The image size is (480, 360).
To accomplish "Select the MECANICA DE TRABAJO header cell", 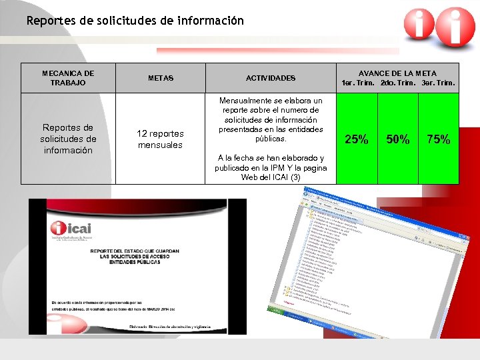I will (x=68, y=78).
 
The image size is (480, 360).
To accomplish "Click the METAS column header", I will (x=161, y=78).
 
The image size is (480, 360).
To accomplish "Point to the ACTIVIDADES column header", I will (x=271, y=78).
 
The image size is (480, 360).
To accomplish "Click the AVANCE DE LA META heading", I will (x=397, y=73).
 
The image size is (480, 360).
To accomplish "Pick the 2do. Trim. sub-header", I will (x=398, y=83).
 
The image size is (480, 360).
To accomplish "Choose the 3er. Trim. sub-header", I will (x=439, y=83).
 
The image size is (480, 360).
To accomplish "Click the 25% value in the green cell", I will (x=356, y=139).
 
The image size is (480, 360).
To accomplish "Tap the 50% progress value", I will (x=398, y=139).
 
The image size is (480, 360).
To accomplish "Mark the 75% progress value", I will (x=439, y=139).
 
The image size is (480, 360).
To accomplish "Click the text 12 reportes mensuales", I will (x=160, y=139).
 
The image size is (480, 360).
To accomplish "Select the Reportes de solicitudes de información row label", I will (x=68, y=139).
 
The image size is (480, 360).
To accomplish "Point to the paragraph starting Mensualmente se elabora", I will (x=271, y=119).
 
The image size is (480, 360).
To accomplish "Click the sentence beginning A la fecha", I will (x=271, y=167).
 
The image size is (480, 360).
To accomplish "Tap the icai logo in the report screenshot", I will (x=71, y=230).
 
